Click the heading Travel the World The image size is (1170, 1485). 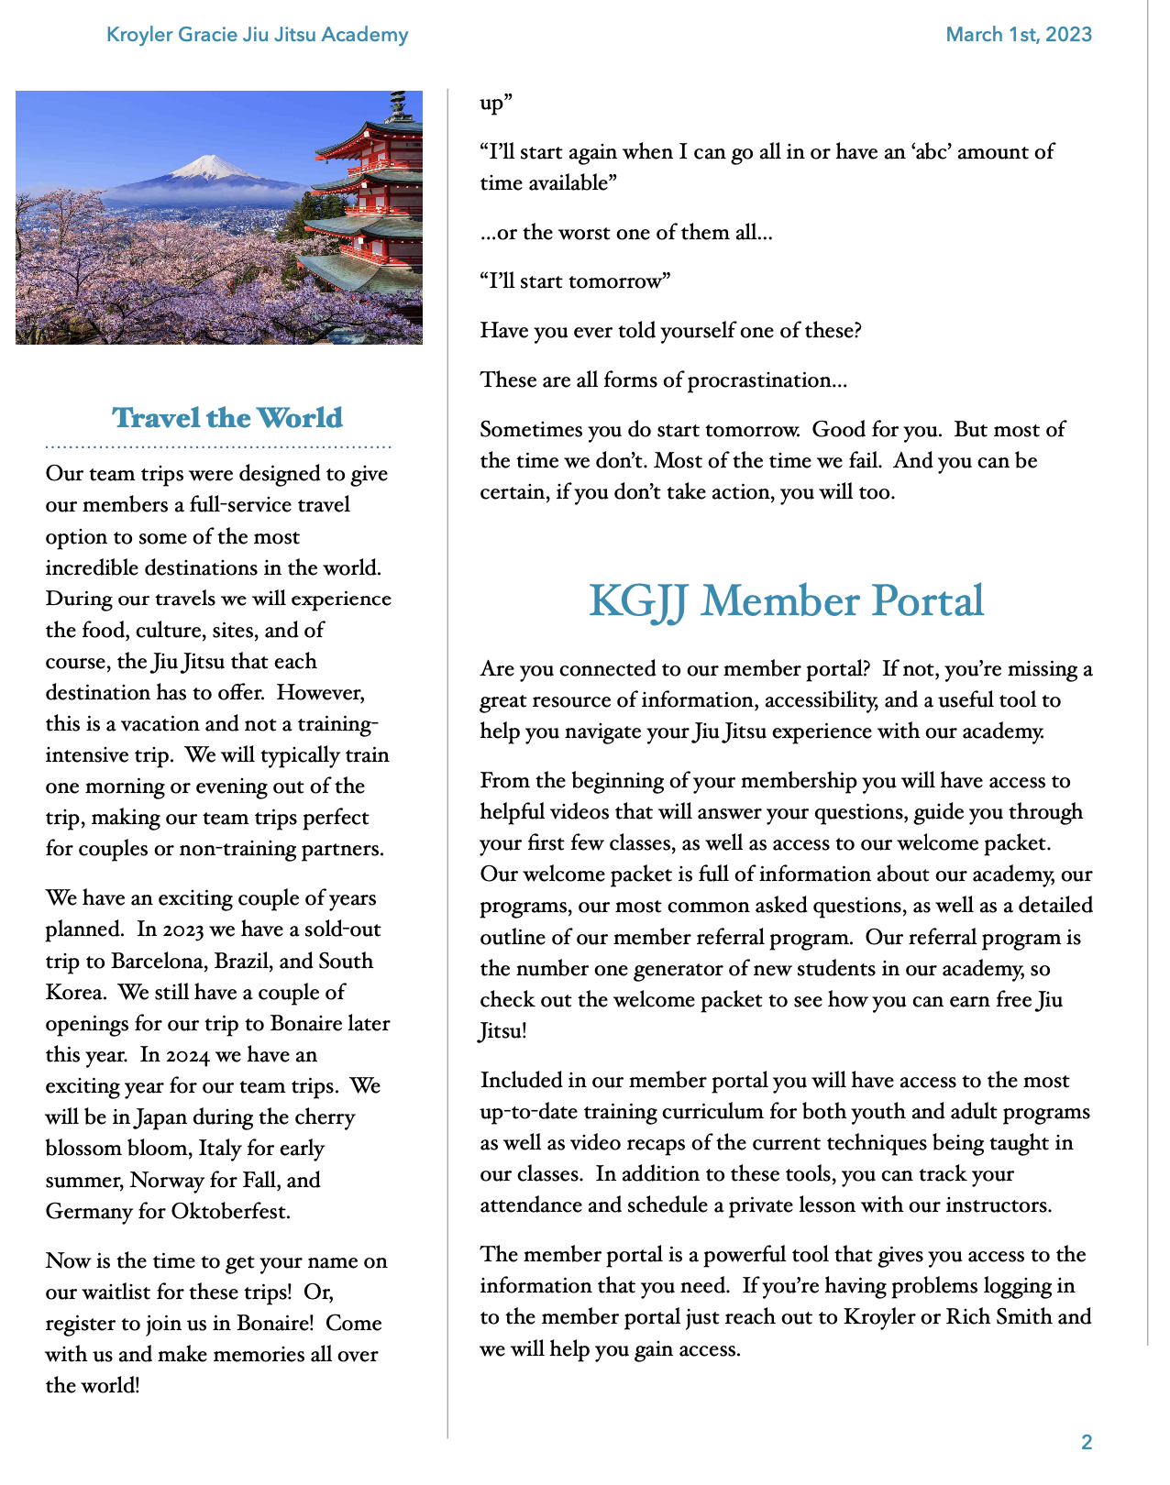pyautogui.click(x=226, y=418)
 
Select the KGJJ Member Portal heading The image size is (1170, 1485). pyautogui.click(x=786, y=601)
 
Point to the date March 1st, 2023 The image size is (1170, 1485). pyautogui.click(x=1019, y=35)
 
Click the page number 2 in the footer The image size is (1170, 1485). pyautogui.click(x=1087, y=1443)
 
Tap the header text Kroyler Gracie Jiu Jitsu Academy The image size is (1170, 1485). pyautogui.click(x=258, y=35)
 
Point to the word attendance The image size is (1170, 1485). pyautogui.click(x=531, y=1205)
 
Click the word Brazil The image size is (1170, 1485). pyautogui.click(x=243, y=961)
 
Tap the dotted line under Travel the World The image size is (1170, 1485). pyautogui.click(x=218, y=447)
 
